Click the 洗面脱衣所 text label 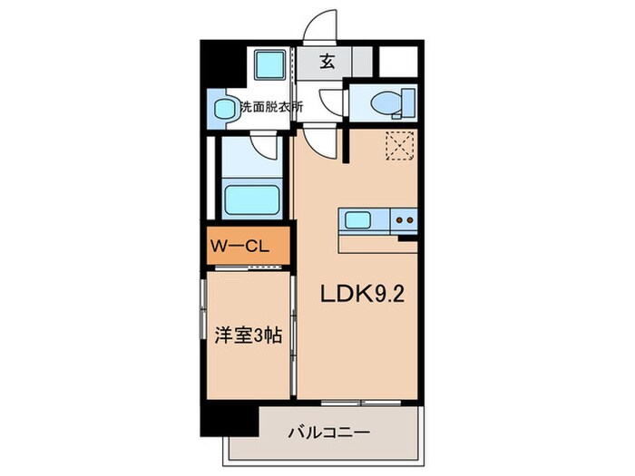pos(270,107)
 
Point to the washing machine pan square pos(269,65)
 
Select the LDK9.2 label pos(357,293)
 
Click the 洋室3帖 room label pos(248,334)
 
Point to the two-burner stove pos(404,219)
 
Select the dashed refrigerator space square pos(400,145)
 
